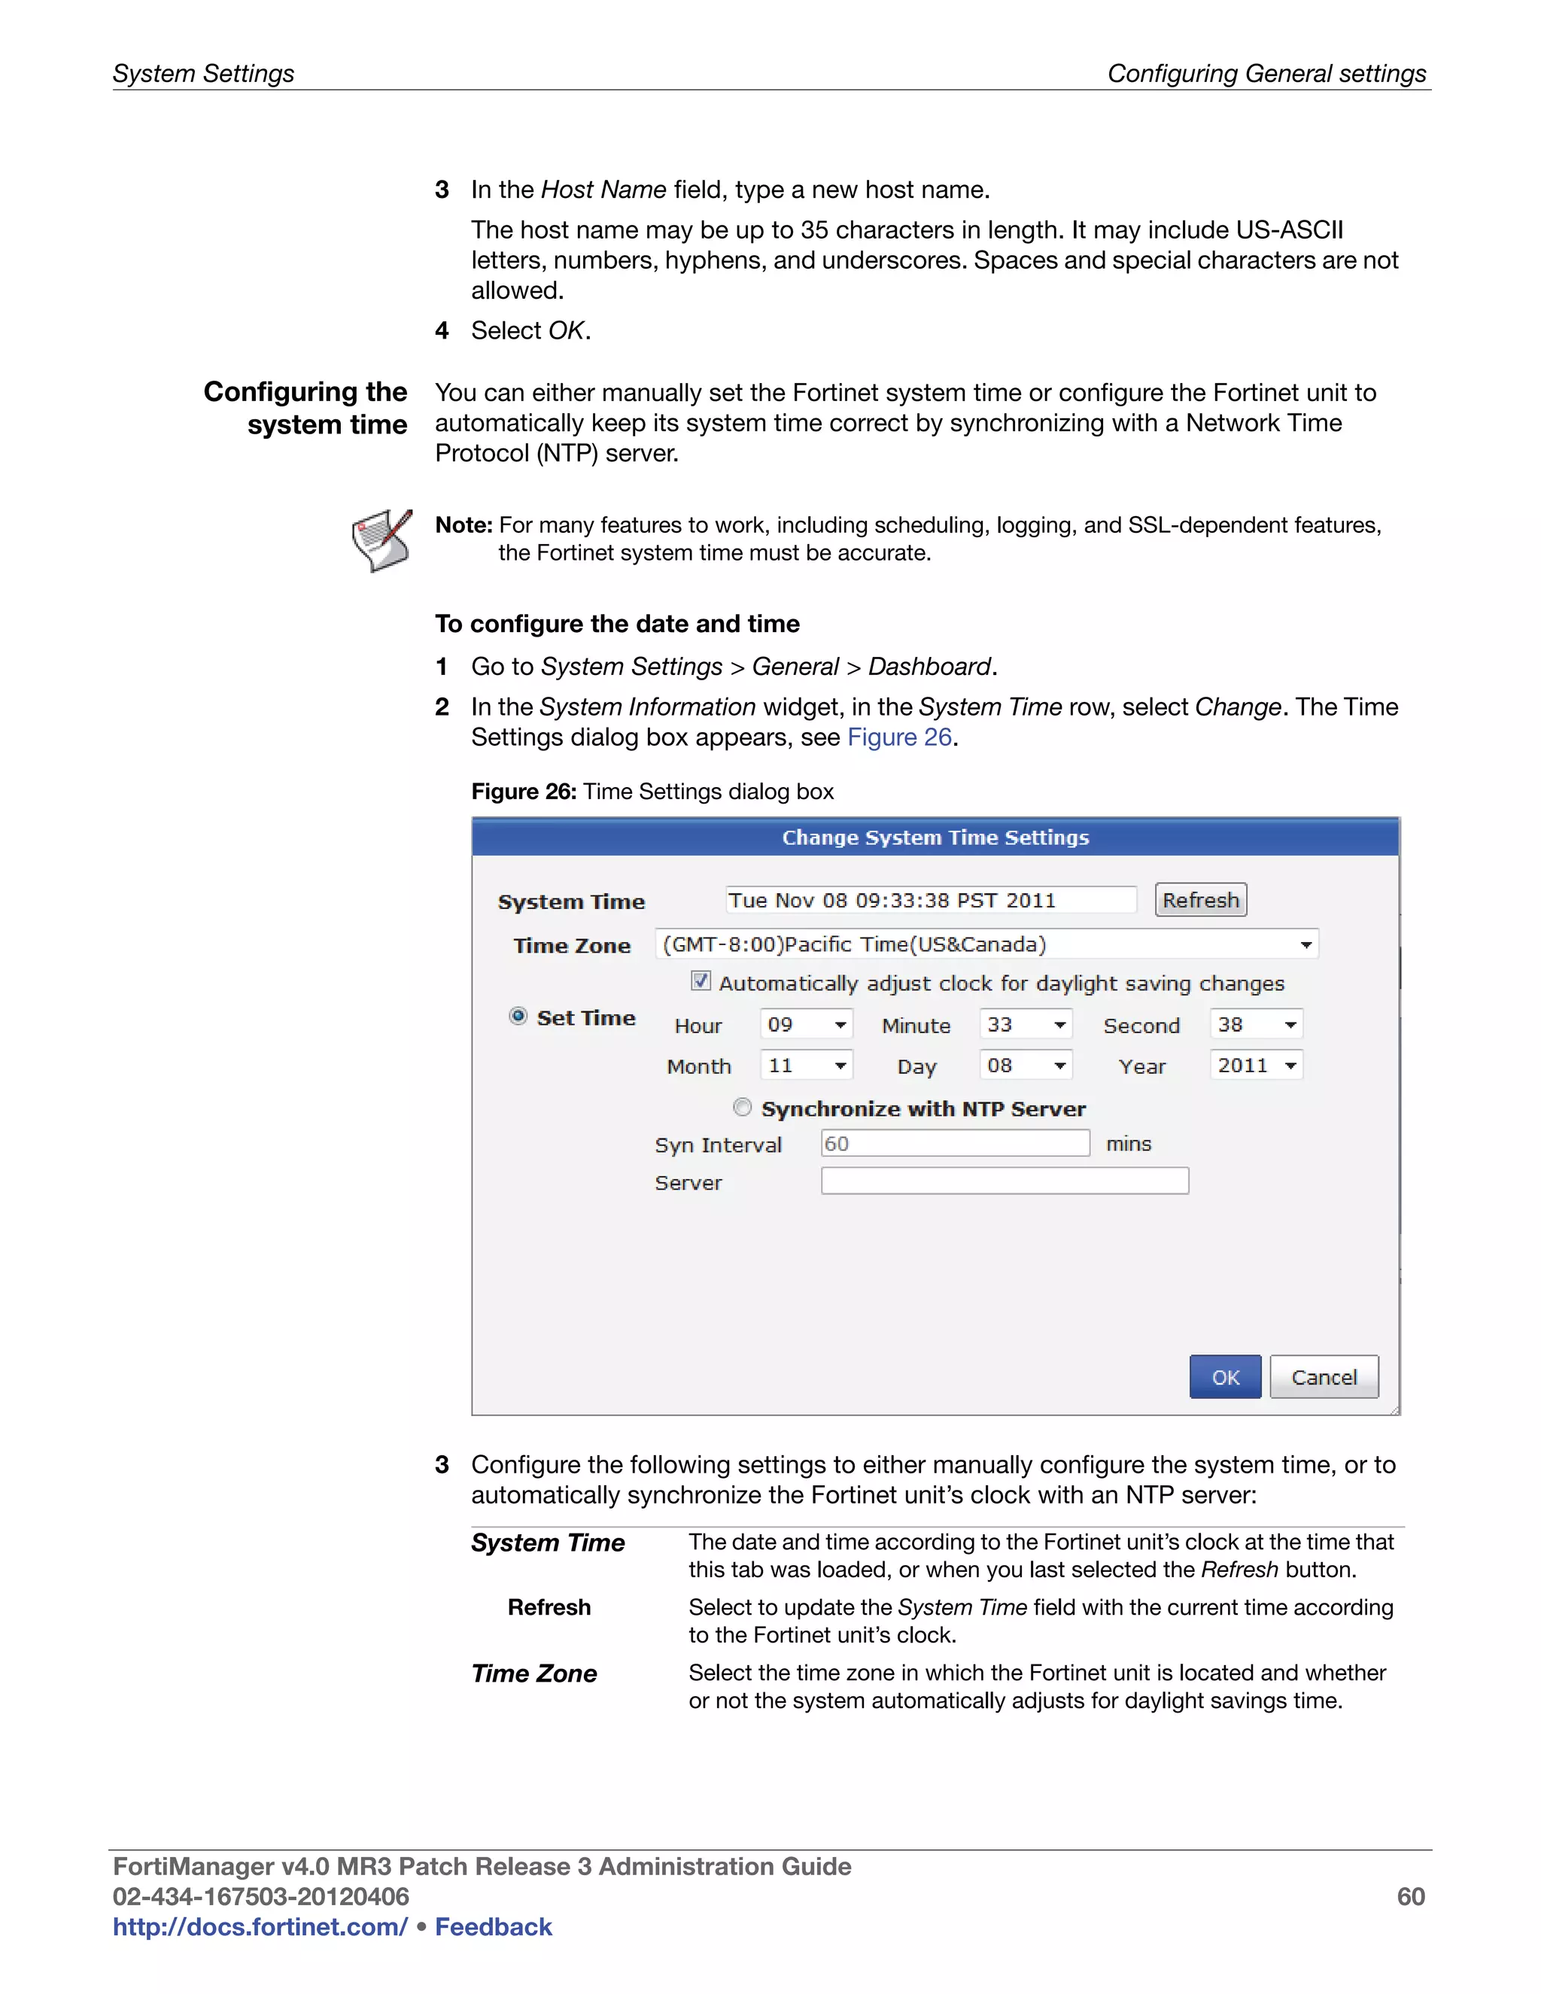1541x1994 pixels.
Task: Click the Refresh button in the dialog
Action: coord(1199,900)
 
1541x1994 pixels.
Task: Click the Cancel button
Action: coord(1323,1377)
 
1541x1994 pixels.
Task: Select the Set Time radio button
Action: coord(518,1016)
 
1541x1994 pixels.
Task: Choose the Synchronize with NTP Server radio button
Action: coord(742,1108)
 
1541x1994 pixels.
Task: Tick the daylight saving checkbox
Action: coord(701,981)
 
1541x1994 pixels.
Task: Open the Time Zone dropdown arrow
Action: coord(1305,944)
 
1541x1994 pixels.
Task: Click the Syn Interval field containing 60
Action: coord(954,1143)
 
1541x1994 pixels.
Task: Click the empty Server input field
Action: coord(1005,1181)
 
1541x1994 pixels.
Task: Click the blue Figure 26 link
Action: coord(899,737)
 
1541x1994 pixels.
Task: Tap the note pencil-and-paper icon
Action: coord(381,540)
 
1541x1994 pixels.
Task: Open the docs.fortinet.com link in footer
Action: coord(260,1926)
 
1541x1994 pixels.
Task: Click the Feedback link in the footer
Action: coord(493,1926)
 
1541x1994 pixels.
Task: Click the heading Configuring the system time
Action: coord(305,408)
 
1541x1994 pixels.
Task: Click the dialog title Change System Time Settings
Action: coord(935,837)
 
